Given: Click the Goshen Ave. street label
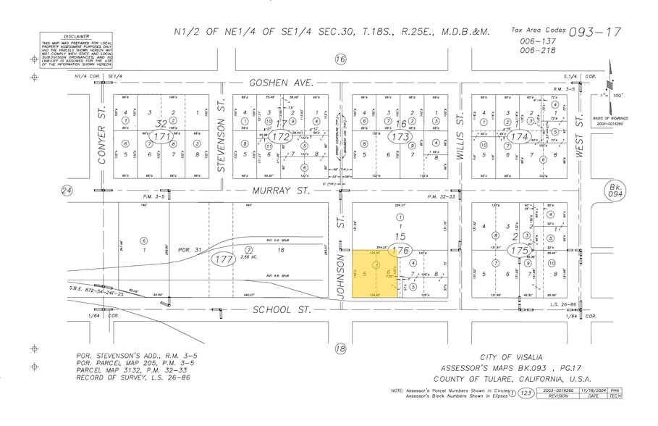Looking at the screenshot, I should pos(282,83).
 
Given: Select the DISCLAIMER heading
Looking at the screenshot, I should pos(76,35).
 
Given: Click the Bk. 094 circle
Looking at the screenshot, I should pos(614,191).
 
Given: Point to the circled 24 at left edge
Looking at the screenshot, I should pos(67,191).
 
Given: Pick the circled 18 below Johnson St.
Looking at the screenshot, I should pos(341,348).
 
